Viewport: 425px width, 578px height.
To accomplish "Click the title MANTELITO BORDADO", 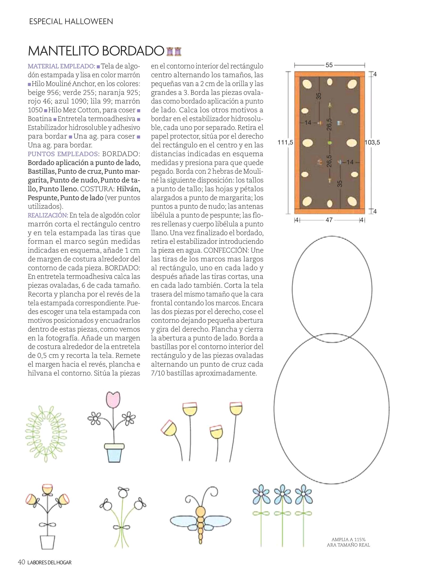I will [x=96, y=51].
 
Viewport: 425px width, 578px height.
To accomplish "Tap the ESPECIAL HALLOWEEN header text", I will [x=71, y=22].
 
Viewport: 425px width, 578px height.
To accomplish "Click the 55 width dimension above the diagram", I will [x=329, y=65].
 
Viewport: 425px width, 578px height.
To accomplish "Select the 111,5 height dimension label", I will [x=285, y=143].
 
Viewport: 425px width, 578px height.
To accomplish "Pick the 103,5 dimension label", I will [x=372, y=143].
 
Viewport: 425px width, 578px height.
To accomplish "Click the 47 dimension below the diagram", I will [x=329, y=220].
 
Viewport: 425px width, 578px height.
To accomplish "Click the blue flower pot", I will [x=114, y=452].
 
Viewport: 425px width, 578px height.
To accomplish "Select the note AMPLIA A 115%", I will [x=348, y=539].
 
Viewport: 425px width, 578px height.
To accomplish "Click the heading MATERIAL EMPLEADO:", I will [x=61, y=66].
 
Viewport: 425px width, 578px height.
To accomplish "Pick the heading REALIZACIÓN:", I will [x=48, y=215].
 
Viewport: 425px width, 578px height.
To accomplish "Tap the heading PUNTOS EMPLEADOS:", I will [x=63, y=154].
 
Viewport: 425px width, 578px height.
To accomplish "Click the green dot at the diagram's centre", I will [x=329, y=143].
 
